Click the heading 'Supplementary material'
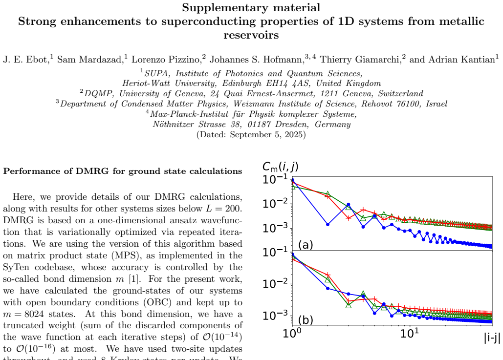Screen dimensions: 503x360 [x=251, y=8]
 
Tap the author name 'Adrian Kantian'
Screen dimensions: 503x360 [x=461, y=60]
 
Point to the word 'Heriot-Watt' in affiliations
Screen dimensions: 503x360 [x=146, y=84]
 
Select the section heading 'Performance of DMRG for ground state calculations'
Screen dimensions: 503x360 [x=123, y=171]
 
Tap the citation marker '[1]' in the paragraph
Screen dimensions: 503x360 [x=133, y=279]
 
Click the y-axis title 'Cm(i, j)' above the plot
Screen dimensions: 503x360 [x=281, y=167]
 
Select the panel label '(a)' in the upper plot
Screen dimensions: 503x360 [x=306, y=245]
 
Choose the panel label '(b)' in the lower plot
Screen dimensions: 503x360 [x=306, y=320]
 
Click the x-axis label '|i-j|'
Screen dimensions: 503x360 [x=492, y=338]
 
